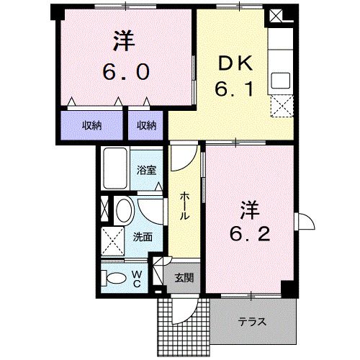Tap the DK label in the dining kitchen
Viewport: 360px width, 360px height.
[232, 64]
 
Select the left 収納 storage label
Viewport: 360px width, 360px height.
[91, 125]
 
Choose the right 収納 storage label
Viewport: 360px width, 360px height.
[146, 125]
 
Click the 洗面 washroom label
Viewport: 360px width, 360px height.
[141, 236]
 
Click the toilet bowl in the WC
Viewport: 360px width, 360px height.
[114, 277]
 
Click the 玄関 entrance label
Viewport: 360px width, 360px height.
[183, 277]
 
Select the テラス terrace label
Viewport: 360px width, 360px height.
[253, 322]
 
